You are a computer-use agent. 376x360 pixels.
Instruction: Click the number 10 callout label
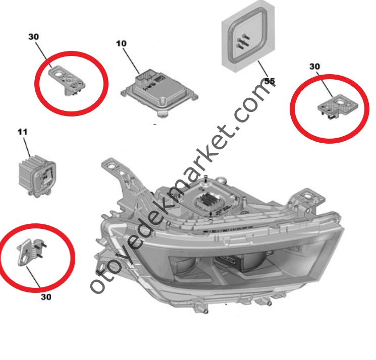pyautogui.click(x=121, y=43)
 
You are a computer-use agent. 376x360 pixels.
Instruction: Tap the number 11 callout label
pyautogui.click(x=23, y=132)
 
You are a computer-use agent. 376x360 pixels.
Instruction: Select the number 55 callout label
pyautogui.click(x=270, y=81)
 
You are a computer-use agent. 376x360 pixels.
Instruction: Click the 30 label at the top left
pyautogui.click(x=34, y=37)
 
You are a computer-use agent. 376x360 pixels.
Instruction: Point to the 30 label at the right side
pyautogui.click(x=314, y=67)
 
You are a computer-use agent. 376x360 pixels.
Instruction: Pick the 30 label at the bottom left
pyautogui.click(x=46, y=297)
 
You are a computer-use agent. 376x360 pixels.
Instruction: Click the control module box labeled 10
pyautogui.click(x=159, y=93)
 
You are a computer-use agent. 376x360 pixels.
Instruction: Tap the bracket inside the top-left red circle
pyautogui.click(x=68, y=80)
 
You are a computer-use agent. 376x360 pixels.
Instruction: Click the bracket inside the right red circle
pyautogui.click(x=338, y=106)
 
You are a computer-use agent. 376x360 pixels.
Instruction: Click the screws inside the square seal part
pyautogui.click(x=243, y=41)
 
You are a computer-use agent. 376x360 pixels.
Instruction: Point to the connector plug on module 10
pyautogui.click(x=146, y=77)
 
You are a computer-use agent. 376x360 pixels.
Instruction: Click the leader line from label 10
pyautogui.click(x=131, y=61)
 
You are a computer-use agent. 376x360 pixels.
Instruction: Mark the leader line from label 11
pyautogui.click(x=27, y=147)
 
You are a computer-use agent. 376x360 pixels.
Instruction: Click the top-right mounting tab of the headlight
pyautogui.click(x=310, y=197)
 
